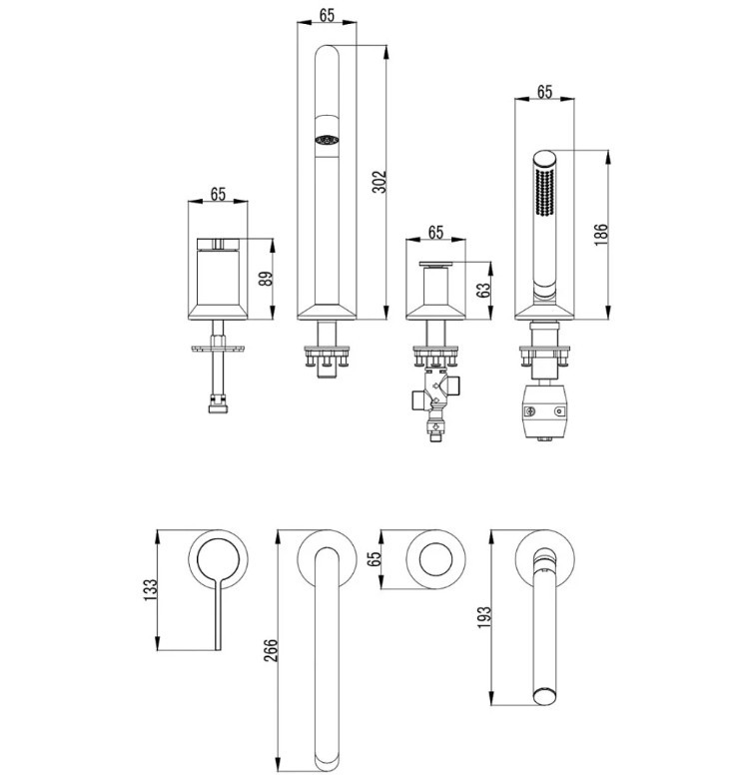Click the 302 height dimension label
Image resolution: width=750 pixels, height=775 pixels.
pyautogui.click(x=378, y=182)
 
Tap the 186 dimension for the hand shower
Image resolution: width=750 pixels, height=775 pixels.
pyautogui.click(x=600, y=235)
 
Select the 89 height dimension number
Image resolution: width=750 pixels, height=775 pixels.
pyautogui.click(x=266, y=280)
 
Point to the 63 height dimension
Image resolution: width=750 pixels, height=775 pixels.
pyautogui.click(x=484, y=290)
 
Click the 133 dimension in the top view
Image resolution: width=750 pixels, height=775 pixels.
pyautogui.click(x=150, y=589)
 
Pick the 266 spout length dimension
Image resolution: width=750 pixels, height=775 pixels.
pyautogui.click(x=271, y=650)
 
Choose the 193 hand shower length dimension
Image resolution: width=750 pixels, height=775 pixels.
pyautogui.click(x=484, y=617)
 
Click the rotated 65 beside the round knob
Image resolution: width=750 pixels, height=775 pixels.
pyautogui.click(x=375, y=558)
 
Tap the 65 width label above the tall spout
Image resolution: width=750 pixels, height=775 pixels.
pyautogui.click(x=327, y=15)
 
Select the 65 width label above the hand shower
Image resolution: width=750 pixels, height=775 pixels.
pyautogui.click(x=544, y=92)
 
